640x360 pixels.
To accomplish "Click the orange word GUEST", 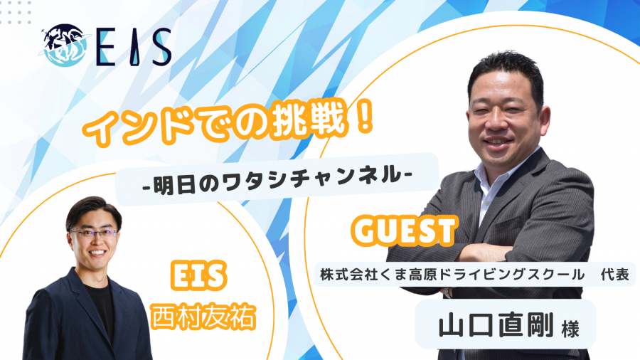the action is pyautogui.click(x=404, y=231).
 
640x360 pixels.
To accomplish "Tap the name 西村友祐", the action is pyautogui.click(x=203, y=317).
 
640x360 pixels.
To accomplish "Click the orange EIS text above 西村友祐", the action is pyautogui.click(x=198, y=275).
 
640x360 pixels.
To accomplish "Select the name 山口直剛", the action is pyautogui.click(x=496, y=324).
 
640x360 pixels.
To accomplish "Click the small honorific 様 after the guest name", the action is pyautogui.click(x=570, y=329).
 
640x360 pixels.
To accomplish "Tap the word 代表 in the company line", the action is pyautogui.click(x=614, y=275).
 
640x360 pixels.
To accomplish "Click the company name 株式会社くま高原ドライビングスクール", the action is pyautogui.click(x=452, y=275).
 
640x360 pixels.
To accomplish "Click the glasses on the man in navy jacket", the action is pyautogui.click(x=94, y=233).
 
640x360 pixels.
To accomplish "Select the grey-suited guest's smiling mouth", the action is pyautogui.click(x=498, y=141).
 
